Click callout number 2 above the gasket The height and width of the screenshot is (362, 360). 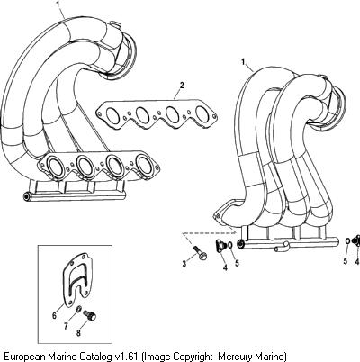click(x=182, y=85)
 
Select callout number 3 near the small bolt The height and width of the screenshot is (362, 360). click(x=184, y=264)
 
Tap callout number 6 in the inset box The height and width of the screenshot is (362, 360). click(x=54, y=315)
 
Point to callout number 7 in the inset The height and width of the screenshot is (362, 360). click(x=66, y=326)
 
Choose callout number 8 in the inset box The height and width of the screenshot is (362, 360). click(x=78, y=333)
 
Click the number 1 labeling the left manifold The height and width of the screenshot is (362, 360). click(x=58, y=5)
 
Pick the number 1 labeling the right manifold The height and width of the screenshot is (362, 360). click(x=243, y=62)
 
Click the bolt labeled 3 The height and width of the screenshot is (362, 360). click(x=199, y=252)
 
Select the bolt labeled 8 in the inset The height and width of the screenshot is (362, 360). click(x=90, y=314)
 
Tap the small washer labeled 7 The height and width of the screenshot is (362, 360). click(x=79, y=308)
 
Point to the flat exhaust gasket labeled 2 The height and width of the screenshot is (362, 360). click(x=156, y=114)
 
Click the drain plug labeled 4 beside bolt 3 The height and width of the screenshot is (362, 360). click(x=221, y=245)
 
